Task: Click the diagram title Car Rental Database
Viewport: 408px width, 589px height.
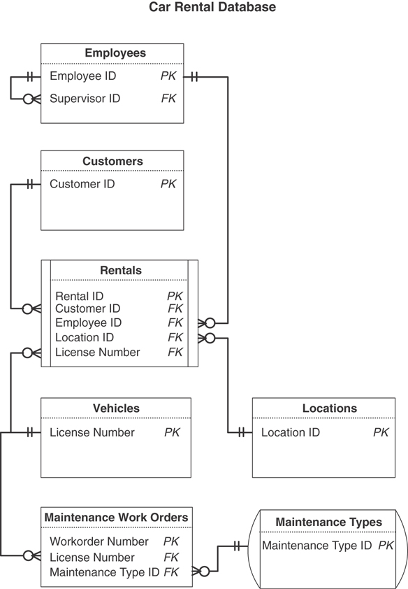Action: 212,8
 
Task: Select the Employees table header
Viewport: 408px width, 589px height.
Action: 115,53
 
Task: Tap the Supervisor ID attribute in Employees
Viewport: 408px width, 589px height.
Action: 85,99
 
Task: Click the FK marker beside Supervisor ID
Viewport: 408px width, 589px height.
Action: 168,99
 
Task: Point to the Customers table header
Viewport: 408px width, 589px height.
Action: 112,162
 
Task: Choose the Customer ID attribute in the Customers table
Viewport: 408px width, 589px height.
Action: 82,185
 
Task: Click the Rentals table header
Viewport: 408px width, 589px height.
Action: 120,271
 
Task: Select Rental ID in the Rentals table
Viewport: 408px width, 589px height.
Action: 79,297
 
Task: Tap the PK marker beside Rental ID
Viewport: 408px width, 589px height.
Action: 175,297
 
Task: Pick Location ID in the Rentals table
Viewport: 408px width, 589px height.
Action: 85,338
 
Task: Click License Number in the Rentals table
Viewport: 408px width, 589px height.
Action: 97,353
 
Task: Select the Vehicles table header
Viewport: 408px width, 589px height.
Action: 116,409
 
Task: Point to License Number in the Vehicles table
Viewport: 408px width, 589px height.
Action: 92,433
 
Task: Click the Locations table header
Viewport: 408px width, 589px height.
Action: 329,409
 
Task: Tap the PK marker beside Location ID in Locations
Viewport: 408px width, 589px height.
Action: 381,433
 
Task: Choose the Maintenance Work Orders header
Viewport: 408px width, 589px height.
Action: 116,518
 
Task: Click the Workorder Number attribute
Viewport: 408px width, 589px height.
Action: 99,542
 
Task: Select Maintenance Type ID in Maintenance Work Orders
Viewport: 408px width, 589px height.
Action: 105,572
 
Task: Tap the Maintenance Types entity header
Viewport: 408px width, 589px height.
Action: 328,523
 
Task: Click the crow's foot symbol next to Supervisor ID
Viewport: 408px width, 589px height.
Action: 28,99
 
